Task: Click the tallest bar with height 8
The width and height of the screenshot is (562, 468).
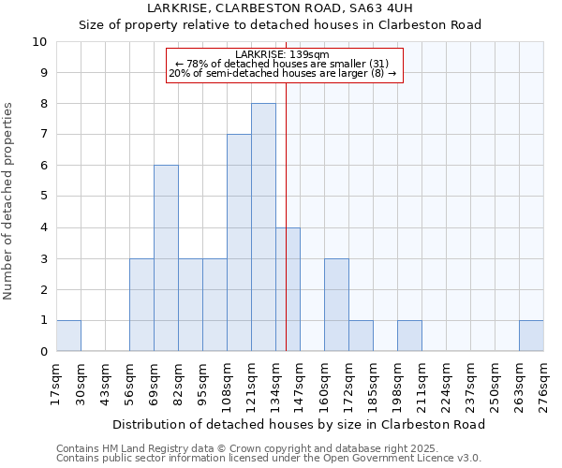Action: pyautogui.click(x=263, y=227)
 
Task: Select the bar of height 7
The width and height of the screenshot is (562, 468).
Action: pyautogui.click(x=239, y=243)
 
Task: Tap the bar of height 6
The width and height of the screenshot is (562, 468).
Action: pyautogui.click(x=166, y=258)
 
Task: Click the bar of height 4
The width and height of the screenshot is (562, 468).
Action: pyautogui.click(x=288, y=289)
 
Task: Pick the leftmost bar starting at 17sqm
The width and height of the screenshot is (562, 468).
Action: pyautogui.click(x=68, y=336)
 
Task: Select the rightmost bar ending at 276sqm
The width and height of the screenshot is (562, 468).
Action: pyautogui.click(x=531, y=336)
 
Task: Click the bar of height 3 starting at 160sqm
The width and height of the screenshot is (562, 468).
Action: pyautogui.click(x=336, y=305)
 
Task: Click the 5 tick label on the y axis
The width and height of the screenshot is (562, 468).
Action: pyautogui.click(x=43, y=197)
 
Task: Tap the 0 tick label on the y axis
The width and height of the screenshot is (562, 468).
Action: pyautogui.click(x=43, y=352)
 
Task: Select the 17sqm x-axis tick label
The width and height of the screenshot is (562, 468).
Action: pyautogui.click(x=57, y=385)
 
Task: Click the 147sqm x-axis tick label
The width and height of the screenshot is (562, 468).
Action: pyautogui.click(x=301, y=385)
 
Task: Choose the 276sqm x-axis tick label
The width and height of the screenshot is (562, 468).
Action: pyautogui.click(x=544, y=385)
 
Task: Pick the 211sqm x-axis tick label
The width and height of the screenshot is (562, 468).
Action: pyautogui.click(x=422, y=385)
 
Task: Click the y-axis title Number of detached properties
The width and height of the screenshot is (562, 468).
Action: pyautogui.click(x=9, y=201)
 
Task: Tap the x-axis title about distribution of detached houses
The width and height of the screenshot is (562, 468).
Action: pyautogui.click(x=304, y=424)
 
